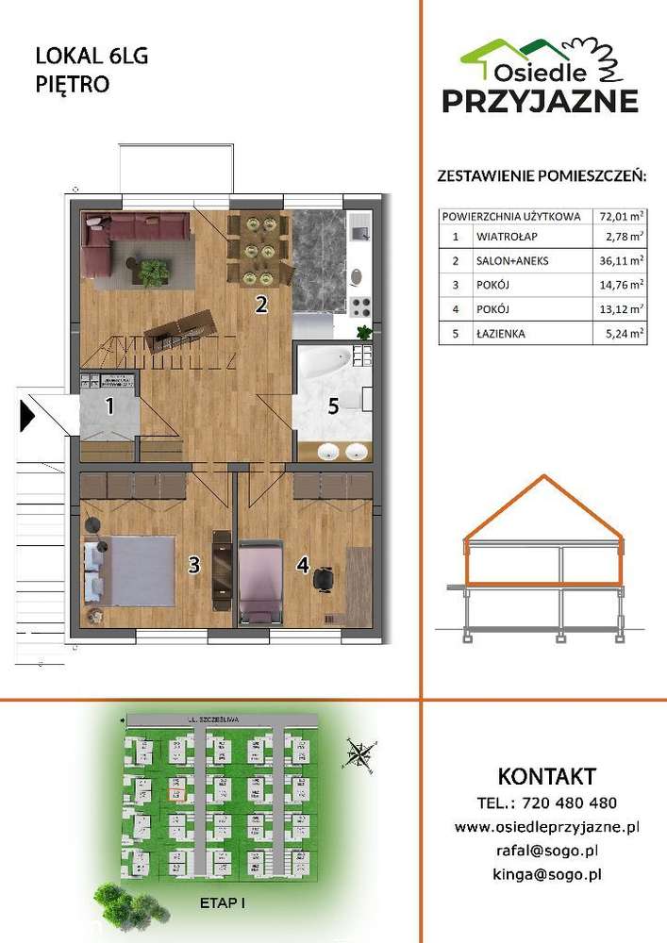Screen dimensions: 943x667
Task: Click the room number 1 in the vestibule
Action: tap(109, 407)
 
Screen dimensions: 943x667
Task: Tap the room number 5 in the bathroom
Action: tap(332, 407)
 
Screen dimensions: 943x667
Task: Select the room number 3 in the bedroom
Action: tap(193, 565)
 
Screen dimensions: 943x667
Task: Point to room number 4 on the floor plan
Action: tap(302, 565)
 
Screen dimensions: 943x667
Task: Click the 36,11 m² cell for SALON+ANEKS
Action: tap(622, 260)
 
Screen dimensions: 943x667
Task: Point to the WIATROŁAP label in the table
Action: tap(504, 237)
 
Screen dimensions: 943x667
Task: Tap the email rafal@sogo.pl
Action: tap(547, 851)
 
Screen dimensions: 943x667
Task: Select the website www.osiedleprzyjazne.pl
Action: tap(547, 827)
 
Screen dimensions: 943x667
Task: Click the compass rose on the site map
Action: tap(359, 752)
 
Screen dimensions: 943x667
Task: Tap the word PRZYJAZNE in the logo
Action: tap(541, 101)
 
